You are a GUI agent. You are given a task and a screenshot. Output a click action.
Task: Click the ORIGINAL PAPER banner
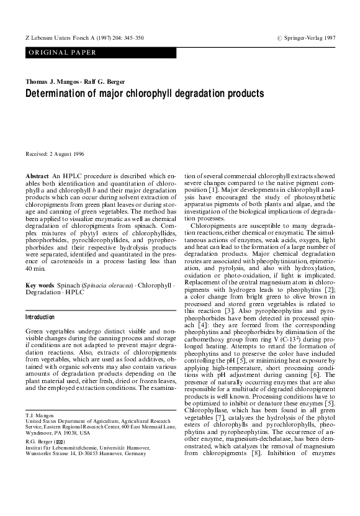click(x=62, y=53)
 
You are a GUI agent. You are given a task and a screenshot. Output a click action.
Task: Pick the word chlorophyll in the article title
click(x=154, y=94)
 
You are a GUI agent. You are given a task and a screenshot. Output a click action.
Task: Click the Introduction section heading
click(x=40, y=317)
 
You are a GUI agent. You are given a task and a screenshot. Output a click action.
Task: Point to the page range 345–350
click(x=134, y=38)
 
